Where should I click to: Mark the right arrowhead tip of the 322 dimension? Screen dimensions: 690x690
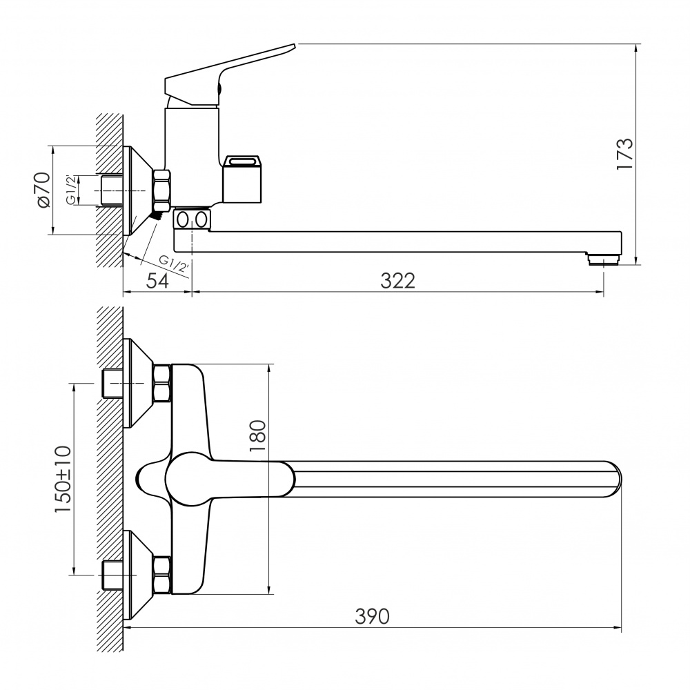tap(603, 291)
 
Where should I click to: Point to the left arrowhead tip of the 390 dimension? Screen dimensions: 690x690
tap(124, 627)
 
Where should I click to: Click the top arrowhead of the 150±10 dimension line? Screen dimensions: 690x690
tap(74, 384)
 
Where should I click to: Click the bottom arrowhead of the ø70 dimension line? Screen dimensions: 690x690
tap(53, 234)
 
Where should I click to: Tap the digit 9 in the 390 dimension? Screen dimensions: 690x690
tap(373, 616)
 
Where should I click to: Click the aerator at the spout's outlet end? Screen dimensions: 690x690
tap(603, 259)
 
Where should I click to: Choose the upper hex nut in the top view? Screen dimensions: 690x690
tap(161, 383)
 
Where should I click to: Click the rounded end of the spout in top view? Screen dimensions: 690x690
tap(615, 479)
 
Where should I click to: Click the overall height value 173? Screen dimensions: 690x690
tap(625, 154)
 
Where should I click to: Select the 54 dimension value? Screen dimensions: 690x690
tap(157, 281)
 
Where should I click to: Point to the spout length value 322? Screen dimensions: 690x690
tap(398, 281)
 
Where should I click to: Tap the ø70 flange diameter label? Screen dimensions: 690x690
tap(43, 190)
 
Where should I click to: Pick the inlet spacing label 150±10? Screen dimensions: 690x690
tap(63, 480)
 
